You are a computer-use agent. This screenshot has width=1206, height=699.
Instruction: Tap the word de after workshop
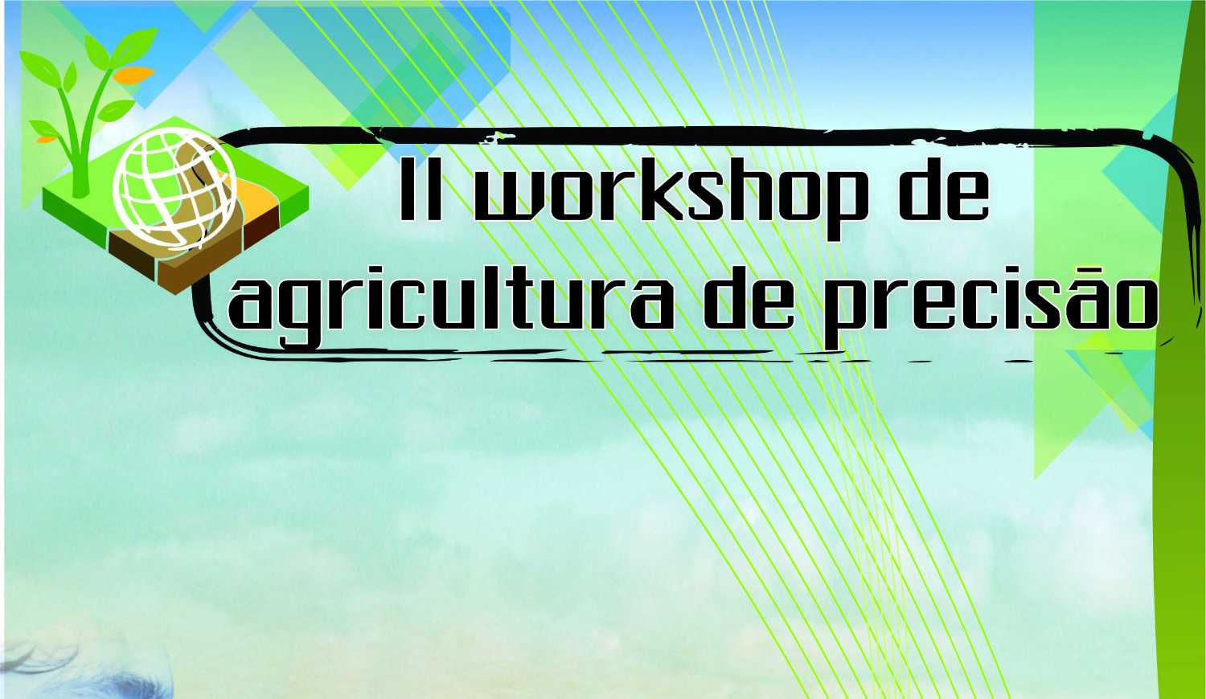(945, 189)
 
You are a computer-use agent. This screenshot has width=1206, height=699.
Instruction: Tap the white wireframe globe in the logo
(174, 191)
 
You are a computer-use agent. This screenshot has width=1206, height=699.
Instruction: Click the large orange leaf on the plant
(133, 74)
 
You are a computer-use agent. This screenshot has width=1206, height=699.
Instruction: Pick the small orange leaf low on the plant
(47, 139)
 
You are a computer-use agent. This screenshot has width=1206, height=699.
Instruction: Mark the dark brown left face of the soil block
(133, 256)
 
